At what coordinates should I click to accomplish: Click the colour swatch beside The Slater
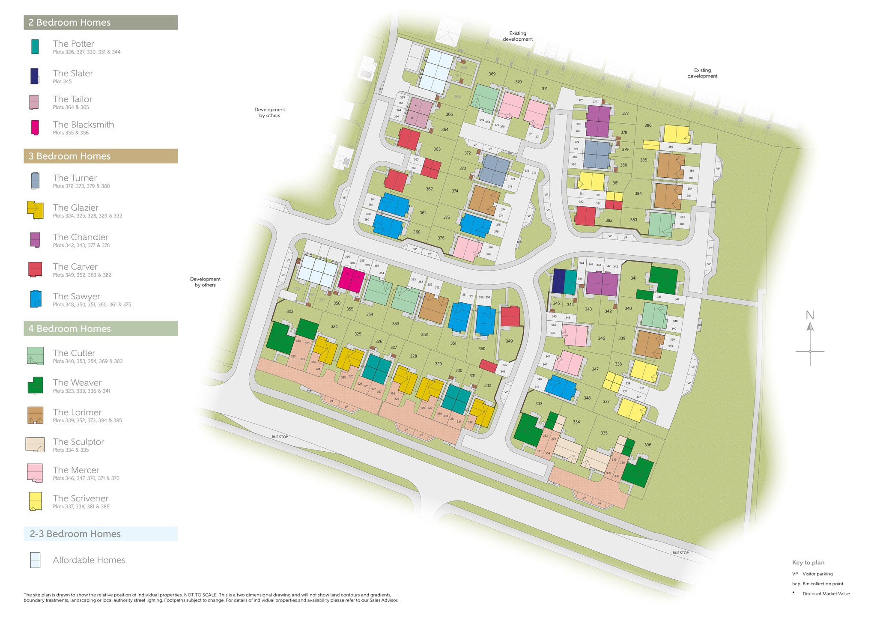pyautogui.click(x=35, y=76)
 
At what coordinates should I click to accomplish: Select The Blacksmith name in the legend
pyautogui.click(x=83, y=125)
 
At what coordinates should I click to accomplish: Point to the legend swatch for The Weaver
pyautogui.click(x=35, y=385)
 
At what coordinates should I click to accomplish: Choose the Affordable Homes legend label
pyautogui.click(x=89, y=560)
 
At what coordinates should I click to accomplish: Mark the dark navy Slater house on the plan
pyautogui.click(x=558, y=281)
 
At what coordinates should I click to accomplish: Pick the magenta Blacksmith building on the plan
pyautogui.click(x=351, y=279)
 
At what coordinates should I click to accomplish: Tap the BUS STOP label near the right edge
pyautogui.click(x=680, y=553)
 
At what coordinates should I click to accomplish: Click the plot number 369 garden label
pyautogui.click(x=492, y=74)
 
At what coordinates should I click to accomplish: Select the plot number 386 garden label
pyautogui.click(x=648, y=125)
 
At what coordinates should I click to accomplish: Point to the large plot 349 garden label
pyautogui.click(x=509, y=341)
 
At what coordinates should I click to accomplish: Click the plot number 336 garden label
pyautogui.click(x=648, y=445)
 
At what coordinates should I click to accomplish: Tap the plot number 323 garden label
pyautogui.click(x=290, y=311)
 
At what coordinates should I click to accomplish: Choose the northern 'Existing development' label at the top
pyautogui.click(x=518, y=36)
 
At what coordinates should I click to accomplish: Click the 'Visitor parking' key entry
pyautogui.click(x=817, y=574)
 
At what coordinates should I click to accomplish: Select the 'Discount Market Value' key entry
pyautogui.click(x=826, y=593)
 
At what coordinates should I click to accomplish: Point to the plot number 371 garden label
pyautogui.click(x=545, y=89)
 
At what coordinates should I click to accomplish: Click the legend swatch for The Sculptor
pyautogui.click(x=35, y=444)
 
